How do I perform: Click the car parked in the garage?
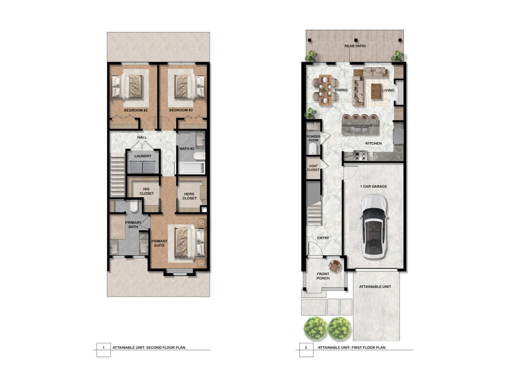(374, 227)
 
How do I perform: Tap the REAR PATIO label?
(355, 46)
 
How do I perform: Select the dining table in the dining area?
(325, 90)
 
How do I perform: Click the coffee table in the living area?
(376, 92)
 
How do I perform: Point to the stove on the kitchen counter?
(360, 155)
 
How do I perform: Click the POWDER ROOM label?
(313, 138)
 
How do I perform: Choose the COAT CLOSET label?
(313, 168)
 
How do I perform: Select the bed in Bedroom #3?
(190, 86)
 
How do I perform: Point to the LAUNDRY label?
(143, 156)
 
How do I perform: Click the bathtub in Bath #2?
(192, 168)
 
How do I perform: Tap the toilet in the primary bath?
(134, 206)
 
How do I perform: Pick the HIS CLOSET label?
(146, 191)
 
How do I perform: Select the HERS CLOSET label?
(189, 196)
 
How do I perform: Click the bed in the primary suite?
(190, 243)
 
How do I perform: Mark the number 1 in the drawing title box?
(104, 348)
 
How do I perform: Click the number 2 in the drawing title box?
(306, 348)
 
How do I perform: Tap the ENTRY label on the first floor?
(323, 238)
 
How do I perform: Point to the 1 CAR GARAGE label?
(374, 186)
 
